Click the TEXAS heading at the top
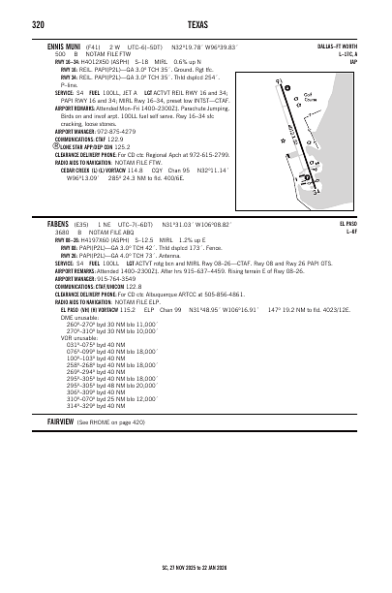point(196,23)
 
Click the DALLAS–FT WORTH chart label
point(337,46)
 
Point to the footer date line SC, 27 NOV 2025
point(196,568)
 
